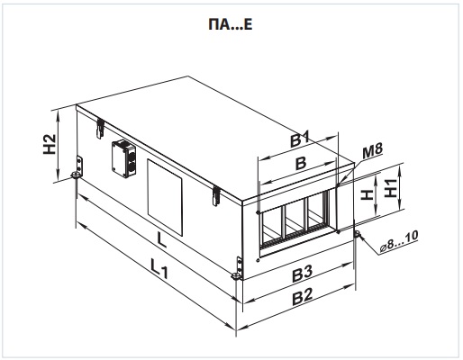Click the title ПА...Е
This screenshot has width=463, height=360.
point(231,24)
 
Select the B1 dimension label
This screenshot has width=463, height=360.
point(300,139)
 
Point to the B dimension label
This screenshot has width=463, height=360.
point(301,163)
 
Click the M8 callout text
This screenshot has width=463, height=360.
point(372,152)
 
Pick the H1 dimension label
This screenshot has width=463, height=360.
point(391,188)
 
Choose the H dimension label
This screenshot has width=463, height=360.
point(367,194)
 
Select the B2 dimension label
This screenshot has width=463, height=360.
point(303,297)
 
